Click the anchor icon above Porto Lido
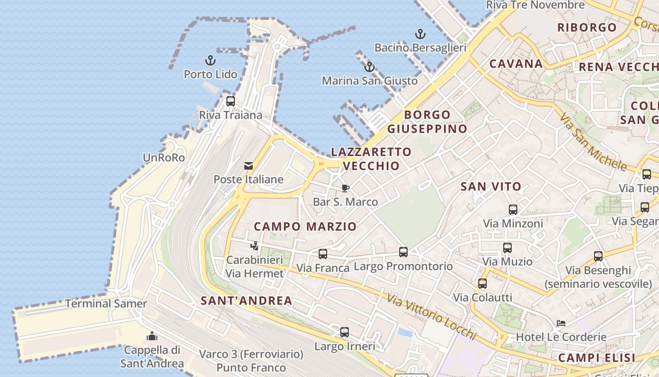pos(210,60)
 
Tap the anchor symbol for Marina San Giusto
pos(370,67)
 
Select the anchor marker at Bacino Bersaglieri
pos(420,34)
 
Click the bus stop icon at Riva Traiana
pos(231,101)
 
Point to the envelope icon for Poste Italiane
pos(248,166)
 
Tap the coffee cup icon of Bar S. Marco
pos(346,188)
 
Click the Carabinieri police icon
pos(255,246)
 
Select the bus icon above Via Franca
pos(323,254)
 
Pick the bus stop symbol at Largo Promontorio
pos(403,252)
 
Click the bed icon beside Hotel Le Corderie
pos(561,323)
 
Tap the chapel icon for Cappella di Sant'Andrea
pos(152,336)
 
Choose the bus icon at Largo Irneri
pos(345,332)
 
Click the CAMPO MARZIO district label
pos(305,227)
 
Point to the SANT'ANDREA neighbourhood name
pos(246,301)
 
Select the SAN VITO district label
pos(491,187)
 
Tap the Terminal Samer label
pos(106,304)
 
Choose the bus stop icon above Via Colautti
pos(482,284)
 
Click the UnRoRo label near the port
pos(164,158)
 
